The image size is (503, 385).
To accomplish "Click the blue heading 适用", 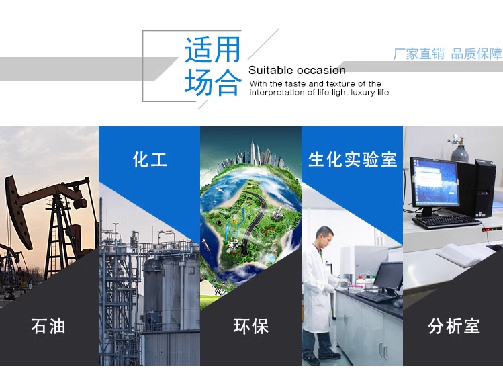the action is (x=212, y=50).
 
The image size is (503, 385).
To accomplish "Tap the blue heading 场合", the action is (x=212, y=83).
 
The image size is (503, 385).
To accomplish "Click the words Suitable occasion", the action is (x=297, y=70).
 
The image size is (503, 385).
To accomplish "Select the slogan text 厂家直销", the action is (x=418, y=54).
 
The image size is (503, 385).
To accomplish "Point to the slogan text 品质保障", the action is (x=476, y=54).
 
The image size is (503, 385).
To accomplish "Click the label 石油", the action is (x=48, y=326).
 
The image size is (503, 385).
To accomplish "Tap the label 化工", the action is (x=150, y=159).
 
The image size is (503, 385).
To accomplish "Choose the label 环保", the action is (x=251, y=327).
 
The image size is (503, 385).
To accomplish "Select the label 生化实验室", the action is (x=353, y=159).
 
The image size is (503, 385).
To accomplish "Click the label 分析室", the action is (x=453, y=327).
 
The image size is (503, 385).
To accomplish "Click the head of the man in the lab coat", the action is (x=324, y=235).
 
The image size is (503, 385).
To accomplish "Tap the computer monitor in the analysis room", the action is (x=435, y=184).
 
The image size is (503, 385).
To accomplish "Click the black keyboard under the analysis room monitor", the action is (x=446, y=222).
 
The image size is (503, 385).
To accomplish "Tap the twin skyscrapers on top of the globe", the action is (x=255, y=153).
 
